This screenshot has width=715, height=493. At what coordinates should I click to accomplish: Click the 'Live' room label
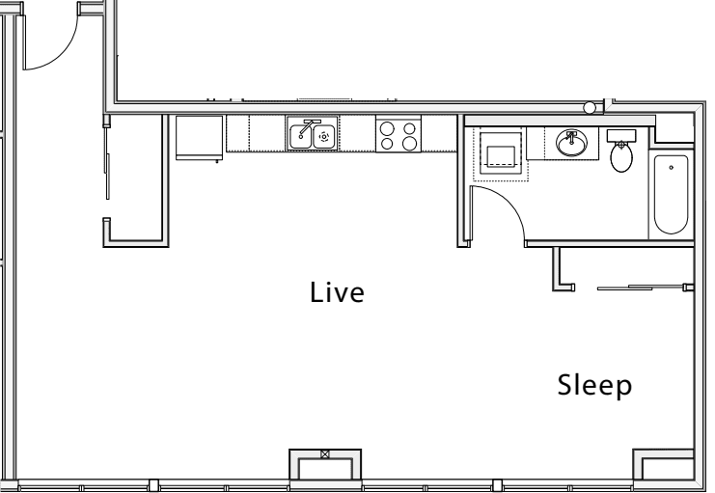[337, 292]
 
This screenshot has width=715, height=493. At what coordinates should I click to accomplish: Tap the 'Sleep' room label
[594, 386]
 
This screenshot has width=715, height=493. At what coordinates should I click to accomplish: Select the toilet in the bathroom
[621, 151]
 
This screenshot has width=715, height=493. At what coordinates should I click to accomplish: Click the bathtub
[671, 194]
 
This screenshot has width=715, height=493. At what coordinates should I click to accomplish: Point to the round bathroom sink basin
[571, 143]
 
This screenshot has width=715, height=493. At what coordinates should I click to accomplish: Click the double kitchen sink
[313, 135]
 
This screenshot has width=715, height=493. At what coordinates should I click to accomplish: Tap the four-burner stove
[399, 134]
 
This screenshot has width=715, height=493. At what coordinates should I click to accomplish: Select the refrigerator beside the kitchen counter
[200, 138]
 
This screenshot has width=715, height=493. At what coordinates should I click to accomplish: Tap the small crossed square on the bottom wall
[324, 454]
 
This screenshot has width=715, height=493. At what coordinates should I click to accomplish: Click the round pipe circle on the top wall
[590, 108]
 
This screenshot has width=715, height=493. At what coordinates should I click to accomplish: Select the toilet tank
[621, 135]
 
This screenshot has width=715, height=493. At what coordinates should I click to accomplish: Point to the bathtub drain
[672, 167]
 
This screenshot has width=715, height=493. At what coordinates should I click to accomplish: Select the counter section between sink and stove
[357, 133]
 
